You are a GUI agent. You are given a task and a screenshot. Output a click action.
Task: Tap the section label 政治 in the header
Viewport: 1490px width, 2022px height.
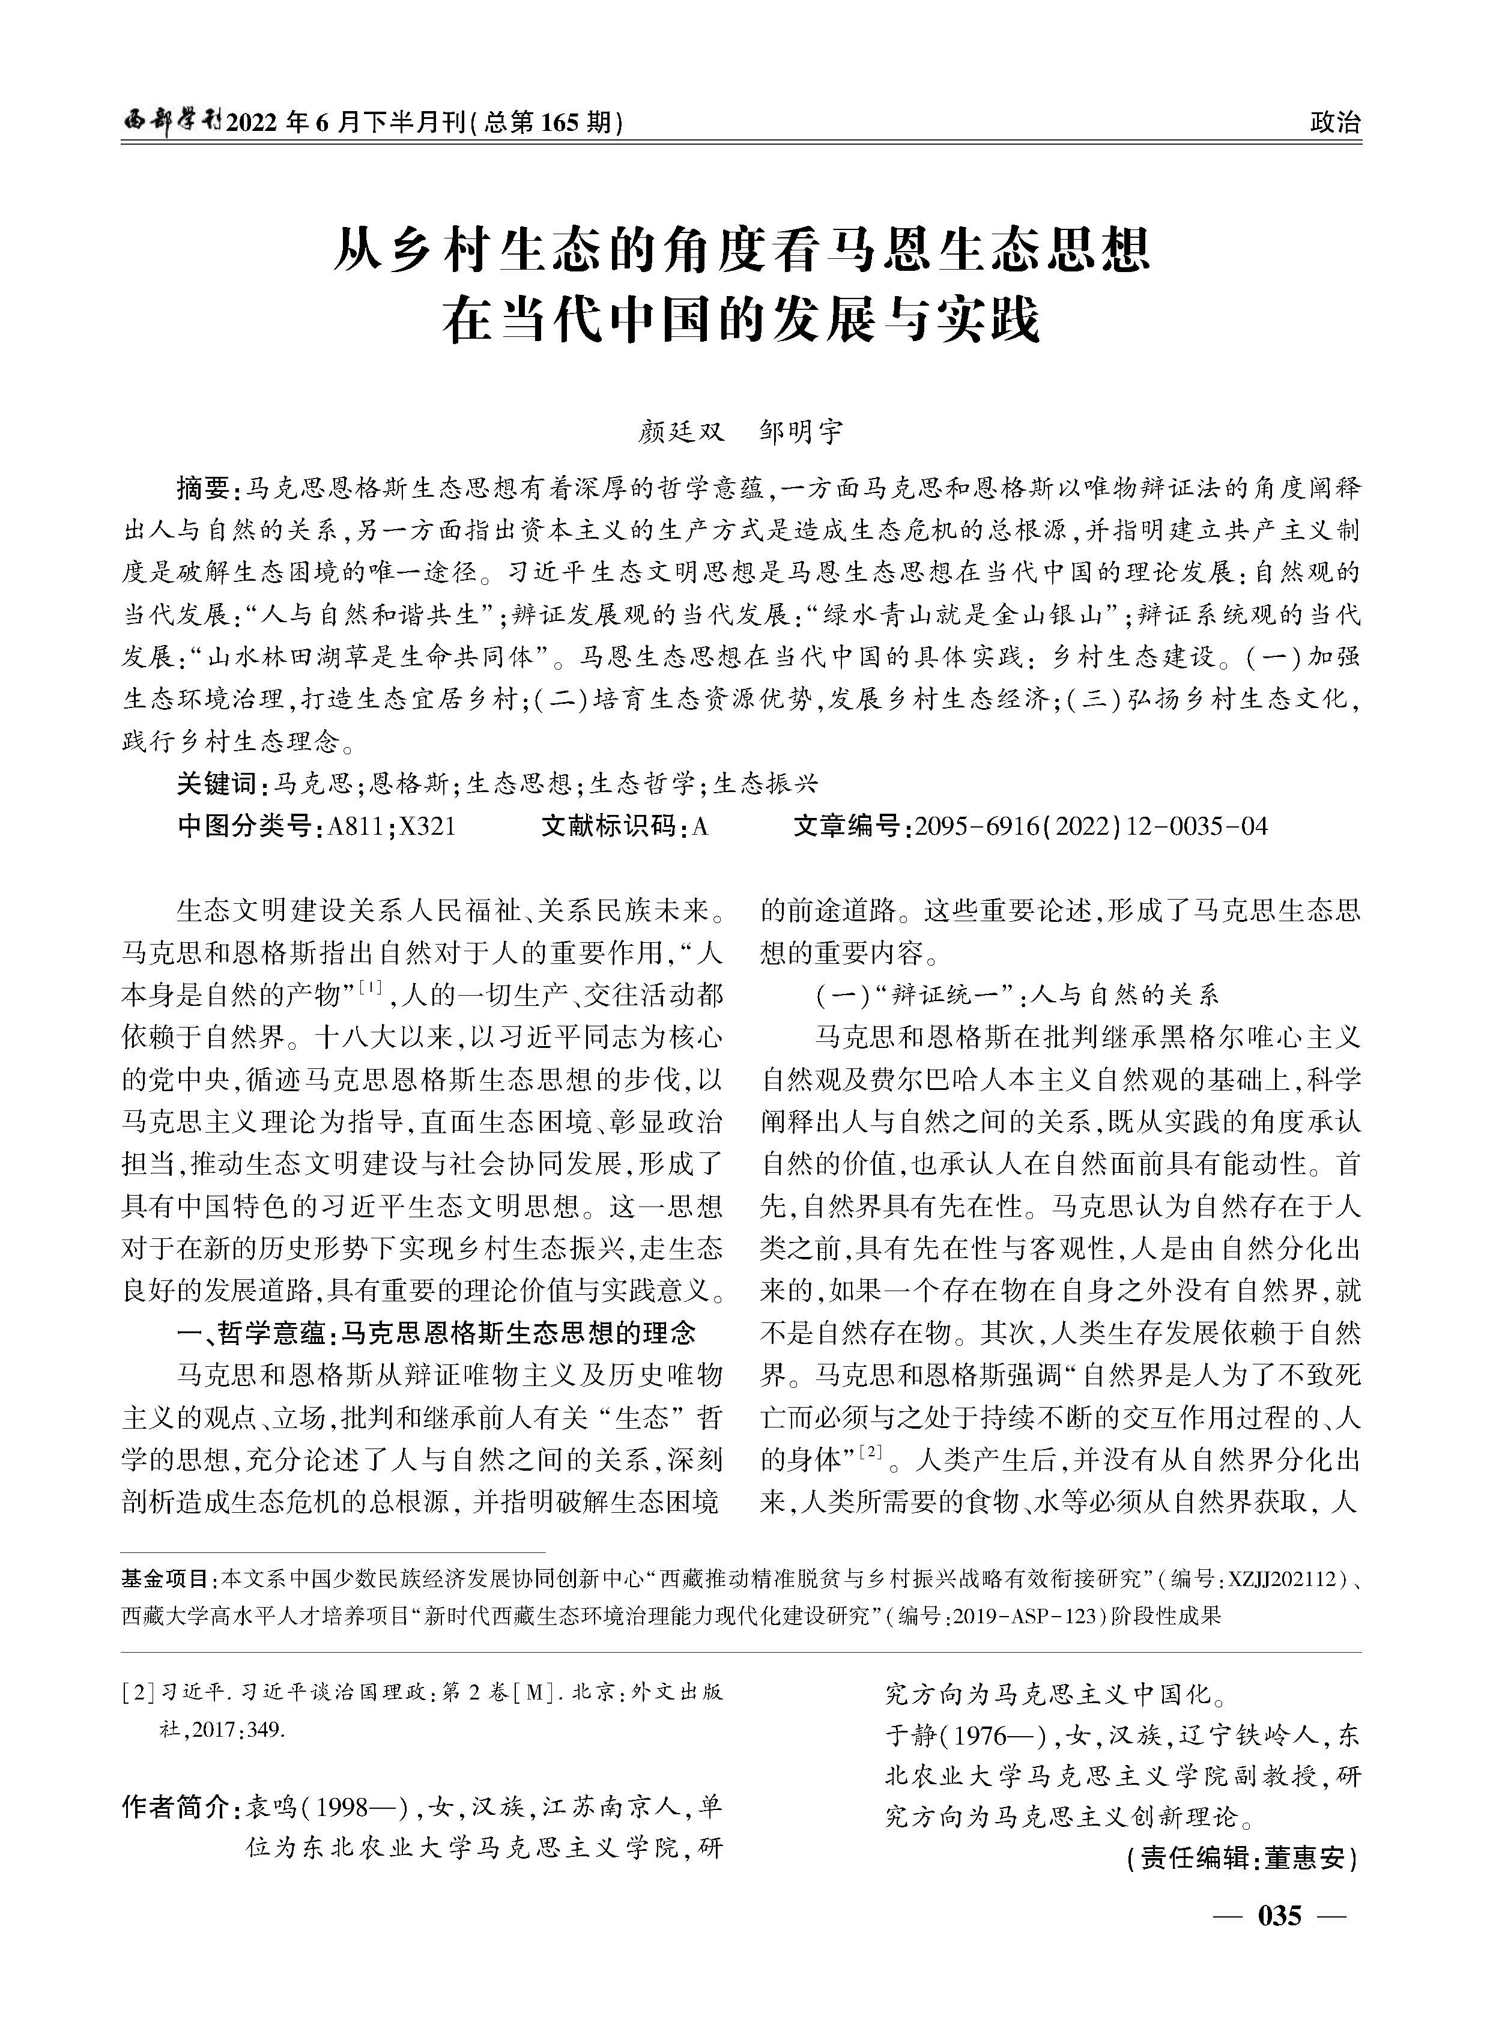(1335, 122)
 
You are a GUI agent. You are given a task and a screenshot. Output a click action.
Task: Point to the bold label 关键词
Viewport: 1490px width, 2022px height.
(216, 783)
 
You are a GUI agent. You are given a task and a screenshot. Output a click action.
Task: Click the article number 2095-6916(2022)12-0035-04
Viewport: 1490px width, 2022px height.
(1091, 825)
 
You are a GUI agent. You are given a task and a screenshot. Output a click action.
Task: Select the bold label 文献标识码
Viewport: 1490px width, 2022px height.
(609, 825)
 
